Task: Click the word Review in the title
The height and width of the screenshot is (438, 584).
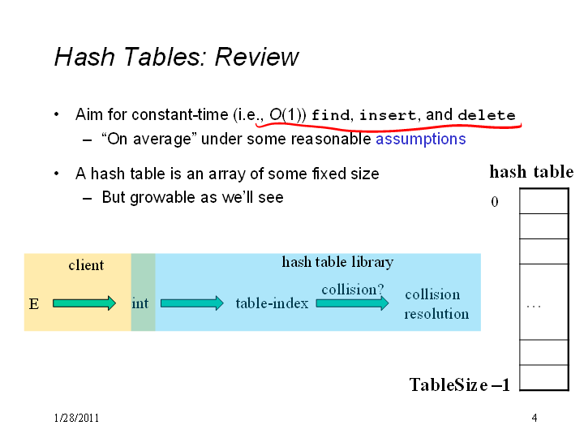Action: (x=256, y=57)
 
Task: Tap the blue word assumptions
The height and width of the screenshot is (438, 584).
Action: (x=421, y=139)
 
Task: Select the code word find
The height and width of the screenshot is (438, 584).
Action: (x=331, y=114)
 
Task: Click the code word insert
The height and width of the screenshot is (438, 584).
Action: (x=388, y=114)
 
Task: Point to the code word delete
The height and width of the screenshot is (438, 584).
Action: (x=487, y=114)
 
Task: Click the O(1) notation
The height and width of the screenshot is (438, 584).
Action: (x=287, y=114)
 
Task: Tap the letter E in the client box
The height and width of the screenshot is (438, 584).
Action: (x=34, y=304)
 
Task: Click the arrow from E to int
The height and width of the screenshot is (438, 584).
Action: (x=84, y=303)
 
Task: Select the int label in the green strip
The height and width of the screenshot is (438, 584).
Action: (x=140, y=303)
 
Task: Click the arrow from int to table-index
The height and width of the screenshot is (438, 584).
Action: (x=192, y=303)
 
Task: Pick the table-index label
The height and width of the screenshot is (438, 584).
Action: (x=272, y=303)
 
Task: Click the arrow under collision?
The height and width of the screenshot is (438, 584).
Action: (x=352, y=303)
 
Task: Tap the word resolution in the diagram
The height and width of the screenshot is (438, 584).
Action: (x=436, y=314)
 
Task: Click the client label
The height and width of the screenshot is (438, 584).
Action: (x=86, y=265)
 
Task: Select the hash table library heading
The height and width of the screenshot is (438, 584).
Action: (x=337, y=262)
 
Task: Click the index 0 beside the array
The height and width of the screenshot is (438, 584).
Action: (x=495, y=202)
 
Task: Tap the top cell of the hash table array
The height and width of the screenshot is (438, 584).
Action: (x=543, y=201)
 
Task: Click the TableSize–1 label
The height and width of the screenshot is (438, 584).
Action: (x=460, y=384)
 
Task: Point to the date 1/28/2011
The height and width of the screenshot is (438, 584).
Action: (x=76, y=418)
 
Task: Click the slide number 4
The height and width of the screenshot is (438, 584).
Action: (x=535, y=418)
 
